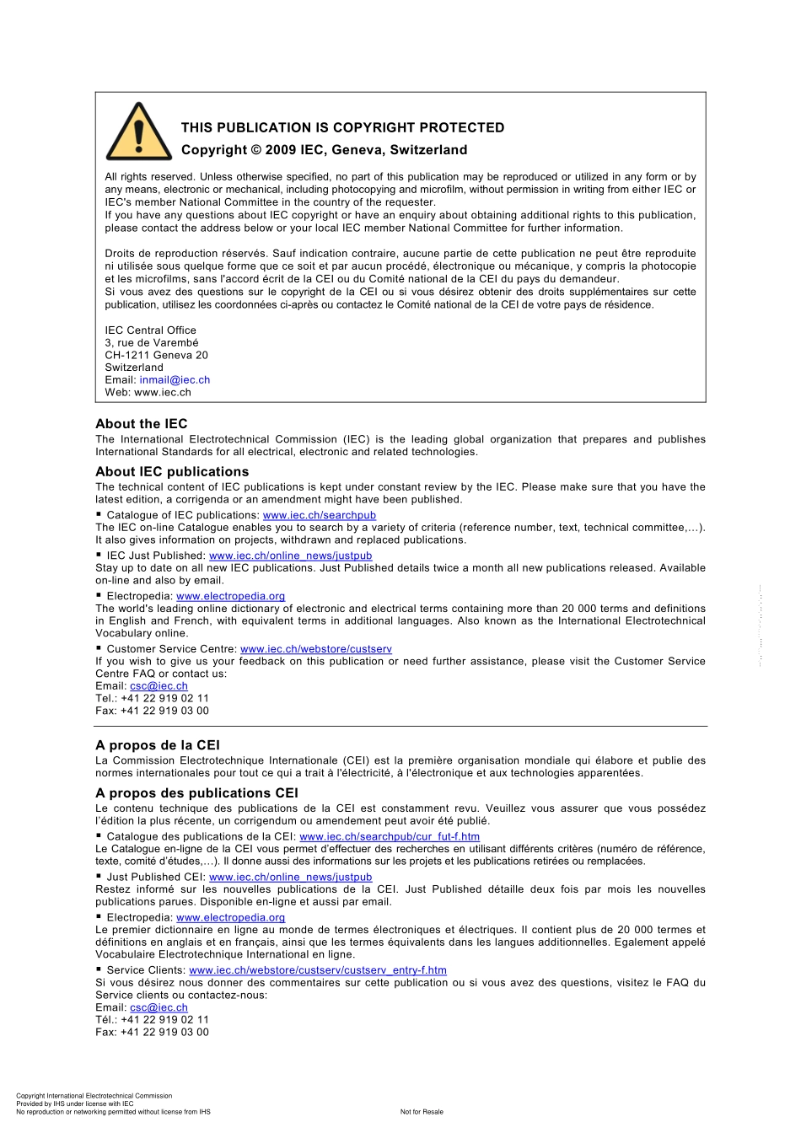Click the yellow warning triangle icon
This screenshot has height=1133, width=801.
click(138, 132)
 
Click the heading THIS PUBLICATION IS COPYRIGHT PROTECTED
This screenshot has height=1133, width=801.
click(342, 128)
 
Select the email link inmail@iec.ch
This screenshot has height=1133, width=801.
click(175, 380)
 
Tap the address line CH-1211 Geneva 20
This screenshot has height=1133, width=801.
click(156, 355)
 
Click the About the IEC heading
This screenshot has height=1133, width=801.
click(141, 424)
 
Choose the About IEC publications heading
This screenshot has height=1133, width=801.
click(172, 472)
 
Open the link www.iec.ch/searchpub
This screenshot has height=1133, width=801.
click(319, 515)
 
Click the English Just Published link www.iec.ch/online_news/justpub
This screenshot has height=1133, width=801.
click(290, 556)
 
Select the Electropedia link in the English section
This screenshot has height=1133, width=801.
click(230, 596)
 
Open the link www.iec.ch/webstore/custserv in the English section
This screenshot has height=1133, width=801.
click(315, 649)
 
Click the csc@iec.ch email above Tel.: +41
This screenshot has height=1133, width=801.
click(159, 686)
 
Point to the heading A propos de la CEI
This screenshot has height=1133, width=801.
click(157, 745)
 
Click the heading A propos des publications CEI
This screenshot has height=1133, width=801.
click(196, 793)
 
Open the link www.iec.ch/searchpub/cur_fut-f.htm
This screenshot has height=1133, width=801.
click(389, 837)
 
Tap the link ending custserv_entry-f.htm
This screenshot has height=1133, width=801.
click(317, 970)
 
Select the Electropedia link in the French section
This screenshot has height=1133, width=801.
click(230, 917)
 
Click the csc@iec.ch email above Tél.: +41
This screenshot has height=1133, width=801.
click(159, 1007)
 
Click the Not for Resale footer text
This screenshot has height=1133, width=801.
click(421, 1112)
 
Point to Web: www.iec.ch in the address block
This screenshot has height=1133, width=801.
click(148, 392)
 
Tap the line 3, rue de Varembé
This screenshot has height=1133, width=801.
click(151, 343)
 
